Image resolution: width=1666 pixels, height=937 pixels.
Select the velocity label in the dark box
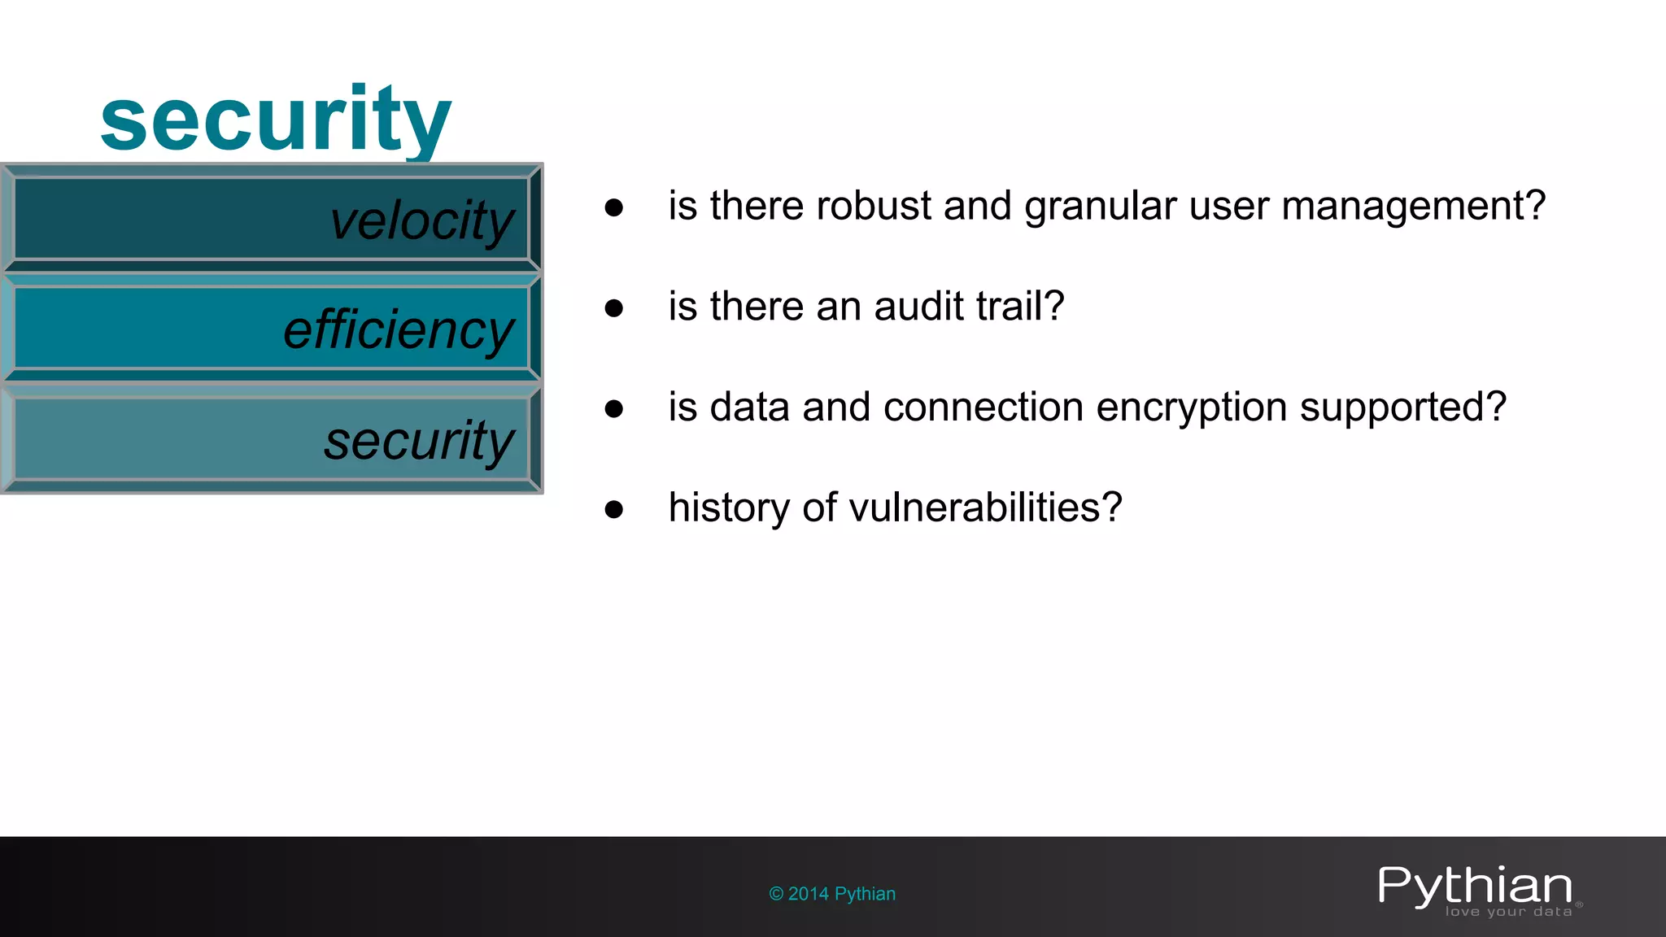pyautogui.click(x=422, y=220)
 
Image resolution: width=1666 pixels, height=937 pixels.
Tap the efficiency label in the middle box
pyautogui.click(x=399, y=330)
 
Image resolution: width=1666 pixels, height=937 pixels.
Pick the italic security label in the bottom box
pyautogui.click(x=419, y=441)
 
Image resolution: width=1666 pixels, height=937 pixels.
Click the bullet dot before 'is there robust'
pyautogui.click(x=614, y=207)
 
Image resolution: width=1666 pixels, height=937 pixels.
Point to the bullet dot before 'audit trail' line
pyautogui.click(x=614, y=308)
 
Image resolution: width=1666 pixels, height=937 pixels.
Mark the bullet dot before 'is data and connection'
pyautogui.click(x=614, y=408)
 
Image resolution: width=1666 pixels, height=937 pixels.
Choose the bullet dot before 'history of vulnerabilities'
pyautogui.click(x=614, y=509)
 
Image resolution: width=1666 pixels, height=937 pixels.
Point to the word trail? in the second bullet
pyautogui.click(x=1020, y=307)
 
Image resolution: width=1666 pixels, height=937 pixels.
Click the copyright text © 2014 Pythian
pyautogui.click(x=832, y=894)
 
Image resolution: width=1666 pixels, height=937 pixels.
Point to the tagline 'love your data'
pyautogui.click(x=1508, y=912)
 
